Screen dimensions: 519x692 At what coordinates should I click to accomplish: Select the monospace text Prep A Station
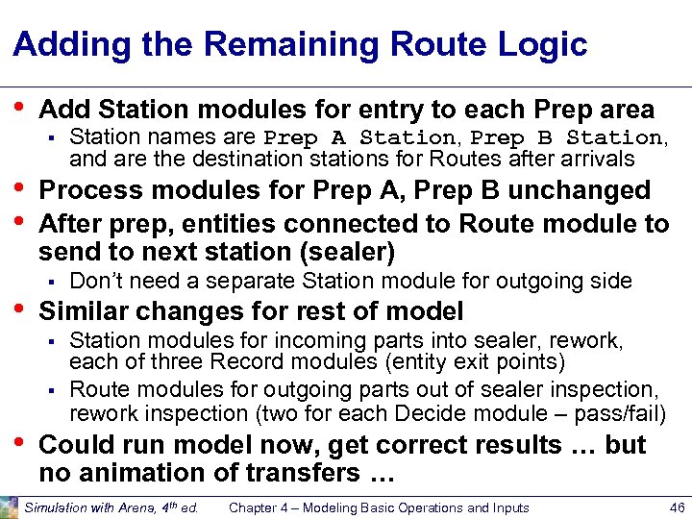(359, 137)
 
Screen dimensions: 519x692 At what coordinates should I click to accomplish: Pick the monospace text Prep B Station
(566, 137)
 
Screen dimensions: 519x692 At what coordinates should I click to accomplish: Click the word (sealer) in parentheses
(341, 252)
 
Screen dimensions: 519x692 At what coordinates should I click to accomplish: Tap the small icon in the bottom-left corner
(9, 507)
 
